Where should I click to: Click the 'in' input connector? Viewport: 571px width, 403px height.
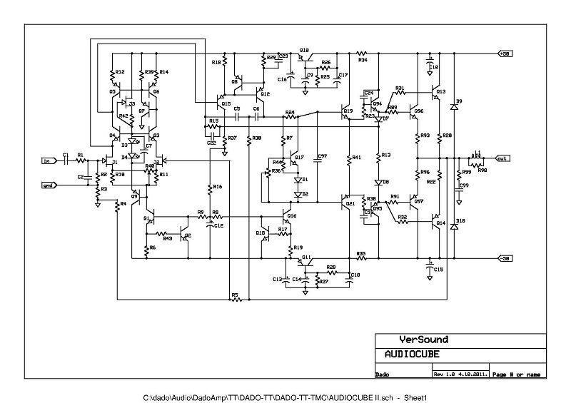tap(49, 160)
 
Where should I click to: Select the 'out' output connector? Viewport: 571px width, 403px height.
tap(503, 158)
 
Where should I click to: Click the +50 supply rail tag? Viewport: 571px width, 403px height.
tap(505, 53)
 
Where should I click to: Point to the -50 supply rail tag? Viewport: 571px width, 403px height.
tap(505, 257)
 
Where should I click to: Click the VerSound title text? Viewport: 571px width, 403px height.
tap(423, 340)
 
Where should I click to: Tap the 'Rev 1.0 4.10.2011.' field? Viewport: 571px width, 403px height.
tap(460, 374)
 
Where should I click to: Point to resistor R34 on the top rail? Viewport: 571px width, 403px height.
tap(362, 53)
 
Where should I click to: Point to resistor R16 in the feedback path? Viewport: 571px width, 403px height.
tap(211, 187)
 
